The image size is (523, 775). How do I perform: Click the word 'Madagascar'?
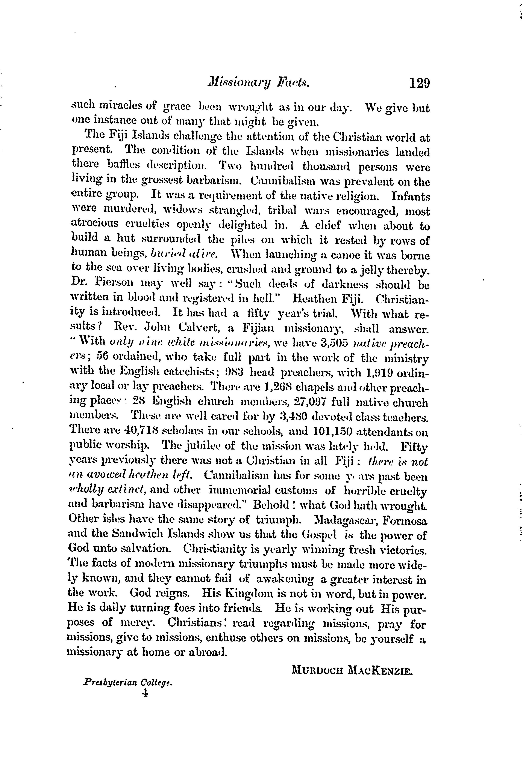click(347, 520)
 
